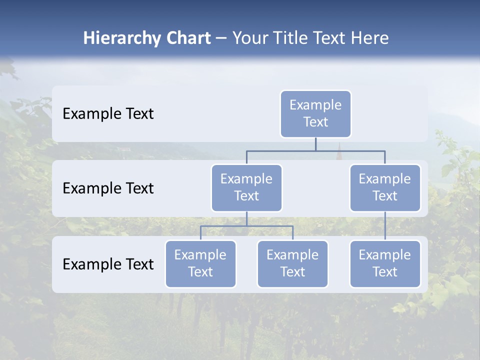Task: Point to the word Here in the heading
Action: tap(370, 38)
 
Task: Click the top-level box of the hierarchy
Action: tap(315, 113)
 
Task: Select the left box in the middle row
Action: tap(246, 187)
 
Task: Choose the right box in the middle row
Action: tap(385, 187)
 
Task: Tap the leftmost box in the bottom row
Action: tap(200, 263)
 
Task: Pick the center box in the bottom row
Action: tap(292, 263)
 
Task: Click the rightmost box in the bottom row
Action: tap(385, 263)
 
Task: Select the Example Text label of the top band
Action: tap(108, 114)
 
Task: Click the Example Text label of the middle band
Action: tap(108, 188)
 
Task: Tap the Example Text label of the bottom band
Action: tap(108, 264)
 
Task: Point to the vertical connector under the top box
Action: tap(315, 144)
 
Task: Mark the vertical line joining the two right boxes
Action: tap(385, 226)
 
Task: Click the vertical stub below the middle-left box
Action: tap(246, 218)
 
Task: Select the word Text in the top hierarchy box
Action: tap(315, 122)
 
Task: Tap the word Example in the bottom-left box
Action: tap(200, 255)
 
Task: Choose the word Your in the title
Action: tap(248, 38)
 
